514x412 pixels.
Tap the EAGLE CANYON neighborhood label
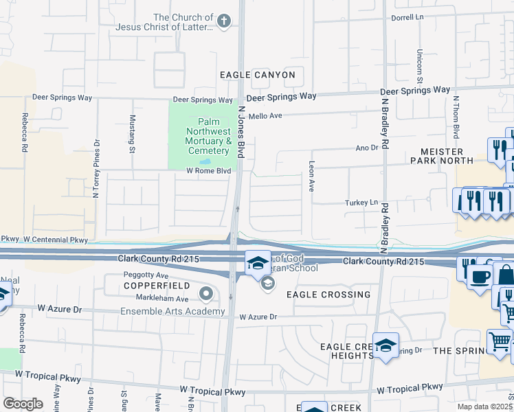(x=258, y=75)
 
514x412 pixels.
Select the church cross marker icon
(x=223, y=22)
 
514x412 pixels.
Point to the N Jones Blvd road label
(x=241, y=133)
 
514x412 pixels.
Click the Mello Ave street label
(x=265, y=116)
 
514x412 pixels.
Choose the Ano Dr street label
(x=367, y=148)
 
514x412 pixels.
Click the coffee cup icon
(x=480, y=277)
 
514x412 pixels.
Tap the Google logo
(x=22, y=404)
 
